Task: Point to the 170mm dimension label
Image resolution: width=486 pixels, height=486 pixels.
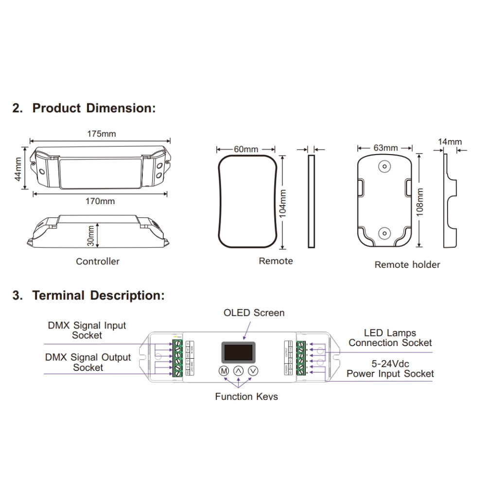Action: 101,201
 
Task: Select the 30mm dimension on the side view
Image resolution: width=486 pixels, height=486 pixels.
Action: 91,235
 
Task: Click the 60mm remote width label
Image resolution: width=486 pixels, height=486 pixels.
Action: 246,149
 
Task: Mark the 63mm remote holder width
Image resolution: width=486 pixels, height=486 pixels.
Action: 386,147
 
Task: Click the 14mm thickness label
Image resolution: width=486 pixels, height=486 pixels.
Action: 450,142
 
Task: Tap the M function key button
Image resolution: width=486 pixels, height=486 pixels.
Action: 223,371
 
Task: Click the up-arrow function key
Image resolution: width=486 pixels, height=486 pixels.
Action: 238,371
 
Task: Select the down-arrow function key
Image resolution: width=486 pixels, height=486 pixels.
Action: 253,371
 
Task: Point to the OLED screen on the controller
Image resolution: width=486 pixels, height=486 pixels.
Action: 238,351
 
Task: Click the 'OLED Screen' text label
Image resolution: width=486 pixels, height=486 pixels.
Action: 254,312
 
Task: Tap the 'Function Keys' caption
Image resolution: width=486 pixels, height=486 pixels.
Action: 246,397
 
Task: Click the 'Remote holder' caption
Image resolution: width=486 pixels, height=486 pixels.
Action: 407,264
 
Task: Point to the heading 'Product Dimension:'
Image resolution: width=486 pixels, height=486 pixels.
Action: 94,108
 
